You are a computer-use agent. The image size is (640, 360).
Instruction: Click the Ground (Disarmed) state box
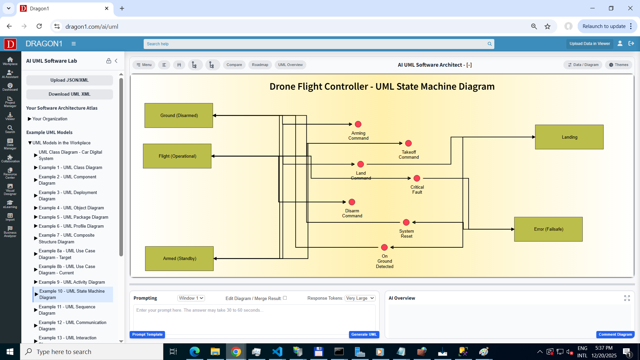pyautogui.click(x=179, y=115)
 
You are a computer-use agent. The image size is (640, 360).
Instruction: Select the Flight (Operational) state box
pyautogui.click(x=177, y=156)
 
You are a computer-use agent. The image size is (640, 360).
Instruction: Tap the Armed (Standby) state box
pyautogui.click(x=179, y=258)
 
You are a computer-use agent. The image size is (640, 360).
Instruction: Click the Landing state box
pyautogui.click(x=569, y=137)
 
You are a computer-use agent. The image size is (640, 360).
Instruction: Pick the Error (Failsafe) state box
pyautogui.click(x=548, y=229)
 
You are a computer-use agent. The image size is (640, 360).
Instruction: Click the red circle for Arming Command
pyautogui.click(x=358, y=124)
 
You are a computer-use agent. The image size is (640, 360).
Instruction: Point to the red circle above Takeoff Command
pyautogui.click(x=408, y=143)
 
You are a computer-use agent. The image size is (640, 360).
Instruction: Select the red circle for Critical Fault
pyautogui.click(x=417, y=178)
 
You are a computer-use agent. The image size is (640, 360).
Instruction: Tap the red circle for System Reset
pyautogui.click(x=406, y=222)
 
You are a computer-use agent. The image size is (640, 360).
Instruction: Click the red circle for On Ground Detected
pyautogui.click(x=384, y=247)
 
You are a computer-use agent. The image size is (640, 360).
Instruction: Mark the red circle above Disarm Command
pyautogui.click(x=352, y=202)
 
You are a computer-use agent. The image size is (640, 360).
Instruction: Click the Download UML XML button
pyautogui.click(x=69, y=94)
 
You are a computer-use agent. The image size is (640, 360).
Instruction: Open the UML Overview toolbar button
pyautogui.click(x=290, y=65)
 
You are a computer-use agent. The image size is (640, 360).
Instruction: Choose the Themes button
pyautogui.click(x=619, y=65)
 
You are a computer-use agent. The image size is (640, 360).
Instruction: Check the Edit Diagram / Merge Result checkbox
pyautogui.click(x=285, y=298)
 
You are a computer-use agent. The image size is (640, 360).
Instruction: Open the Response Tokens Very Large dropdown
pyautogui.click(x=360, y=298)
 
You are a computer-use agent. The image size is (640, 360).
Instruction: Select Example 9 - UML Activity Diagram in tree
pyautogui.click(x=71, y=282)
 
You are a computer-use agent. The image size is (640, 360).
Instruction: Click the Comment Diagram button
pyautogui.click(x=615, y=334)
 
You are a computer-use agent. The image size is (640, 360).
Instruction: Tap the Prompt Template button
pyautogui.click(x=147, y=334)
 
